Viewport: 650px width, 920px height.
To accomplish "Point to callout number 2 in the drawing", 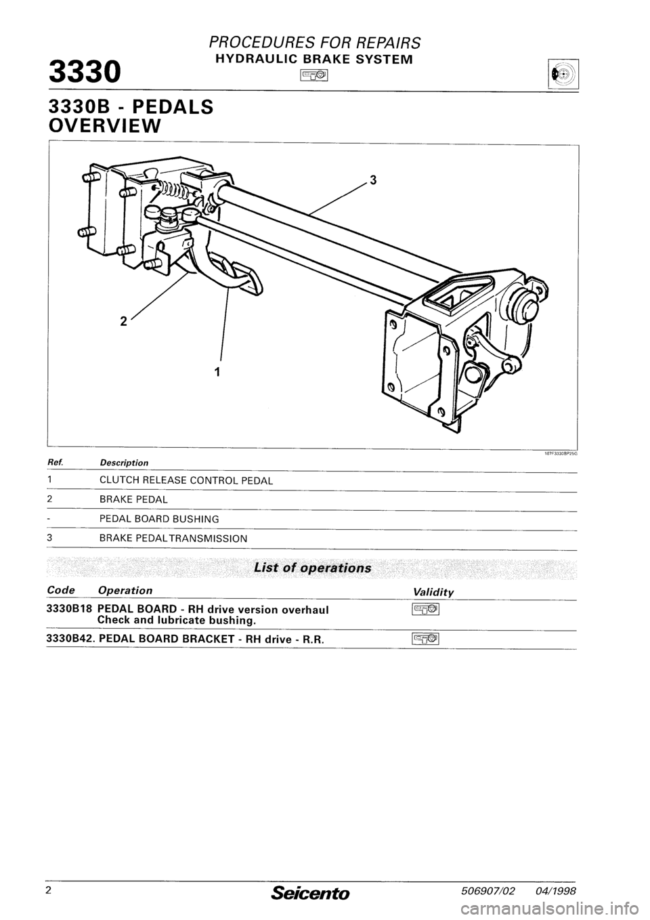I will point(123,322).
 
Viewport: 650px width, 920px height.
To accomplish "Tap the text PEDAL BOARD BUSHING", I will point(158,519).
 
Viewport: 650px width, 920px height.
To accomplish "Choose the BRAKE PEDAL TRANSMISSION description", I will point(173,538).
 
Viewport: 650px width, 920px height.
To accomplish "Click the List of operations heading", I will point(312,567).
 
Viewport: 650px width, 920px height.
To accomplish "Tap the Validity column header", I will point(433,591).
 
